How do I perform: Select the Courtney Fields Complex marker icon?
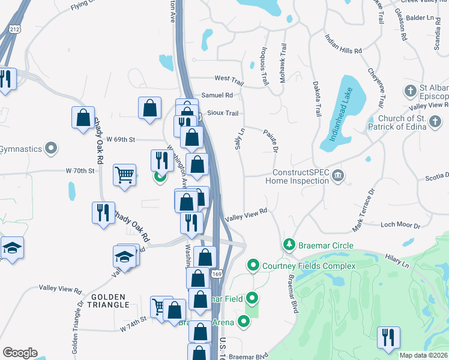tap(253, 265)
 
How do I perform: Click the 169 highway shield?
tap(217, 274)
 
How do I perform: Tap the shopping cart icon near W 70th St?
tap(124, 175)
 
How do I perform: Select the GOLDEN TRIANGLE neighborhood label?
tap(109, 301)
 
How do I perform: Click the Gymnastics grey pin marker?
tap(52, 148)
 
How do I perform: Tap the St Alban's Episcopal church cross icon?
tap(411, 91)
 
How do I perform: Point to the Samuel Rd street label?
tap(217, 95)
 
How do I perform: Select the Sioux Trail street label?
tap(223, 113)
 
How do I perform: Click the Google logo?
tap(20, 353)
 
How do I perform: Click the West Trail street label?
tap(229, 79)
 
